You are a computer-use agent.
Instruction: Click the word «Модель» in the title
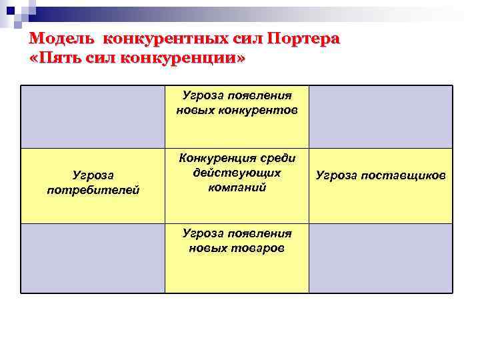click(x=63, y=38)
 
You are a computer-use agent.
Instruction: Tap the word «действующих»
click(x=237, y=173)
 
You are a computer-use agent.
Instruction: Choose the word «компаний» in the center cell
click(x=237, y=187)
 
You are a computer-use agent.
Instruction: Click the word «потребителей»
click(x=93, y=191)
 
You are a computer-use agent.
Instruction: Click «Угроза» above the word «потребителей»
click(x=93, y=176)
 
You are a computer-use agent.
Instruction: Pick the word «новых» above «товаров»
click(x=207, y=248)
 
